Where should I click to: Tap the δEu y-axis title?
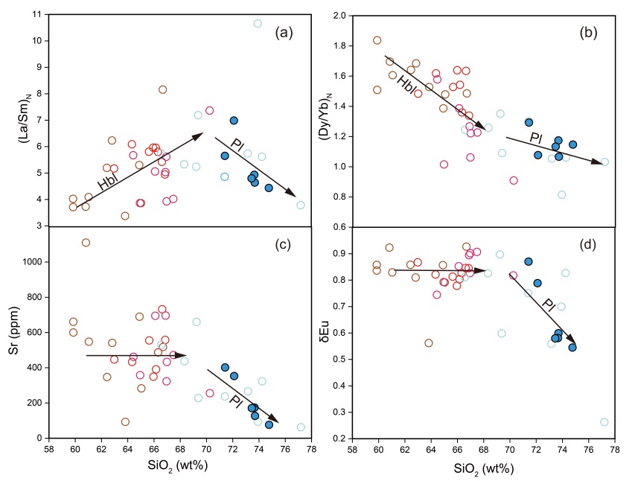tap(333, 332)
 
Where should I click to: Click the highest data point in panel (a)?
tap(258, 24)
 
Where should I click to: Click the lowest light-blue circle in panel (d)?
tap(604, 422)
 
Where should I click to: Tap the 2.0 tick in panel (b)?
tap(357, 15)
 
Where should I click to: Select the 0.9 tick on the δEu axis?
tap(357, 253)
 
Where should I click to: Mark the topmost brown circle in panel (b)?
tap(377, 40)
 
